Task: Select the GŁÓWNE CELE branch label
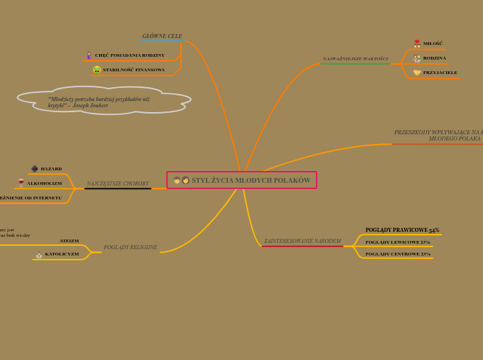tap(162, 36)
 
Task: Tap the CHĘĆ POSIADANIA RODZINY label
tap(130, 55)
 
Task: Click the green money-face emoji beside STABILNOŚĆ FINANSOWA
tap(97, 70)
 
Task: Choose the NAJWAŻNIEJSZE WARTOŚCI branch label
tap(355, 59)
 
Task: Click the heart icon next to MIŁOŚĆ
tap(417, 44)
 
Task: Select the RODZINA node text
tap(434, 58)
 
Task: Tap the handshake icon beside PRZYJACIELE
tap(417, 73)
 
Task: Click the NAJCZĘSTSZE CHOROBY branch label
tap(117, 183)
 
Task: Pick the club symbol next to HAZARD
tap(35, 169)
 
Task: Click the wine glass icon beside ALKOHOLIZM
tap(21, 183)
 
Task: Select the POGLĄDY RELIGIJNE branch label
tap(130, 247)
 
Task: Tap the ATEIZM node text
tap(69, 241)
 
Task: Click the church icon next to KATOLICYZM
tap(39, 255)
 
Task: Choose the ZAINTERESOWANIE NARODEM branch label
tap(302, 241)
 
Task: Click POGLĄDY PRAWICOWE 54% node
tap(402, 230)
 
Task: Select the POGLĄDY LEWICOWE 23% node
tap(398, 242)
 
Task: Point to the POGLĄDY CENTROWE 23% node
tap(398, 254)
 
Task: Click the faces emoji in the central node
tap(181, 181)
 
